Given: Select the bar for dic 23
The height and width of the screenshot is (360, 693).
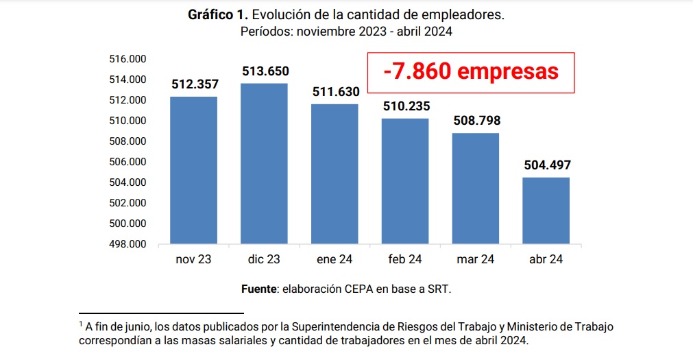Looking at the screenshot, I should (x=265, y=163).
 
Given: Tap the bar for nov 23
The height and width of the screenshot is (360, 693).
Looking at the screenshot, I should (x=194, y=170).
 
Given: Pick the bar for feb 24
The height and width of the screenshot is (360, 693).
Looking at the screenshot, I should (x=405, y=181).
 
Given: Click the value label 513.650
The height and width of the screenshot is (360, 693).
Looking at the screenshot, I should (x=265, y=71).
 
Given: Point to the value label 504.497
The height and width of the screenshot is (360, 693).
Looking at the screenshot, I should (x=547, y=165).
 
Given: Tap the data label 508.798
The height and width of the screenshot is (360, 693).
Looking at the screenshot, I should (x=476, y=121).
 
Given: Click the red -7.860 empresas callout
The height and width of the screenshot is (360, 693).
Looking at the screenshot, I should (x=470, y=71).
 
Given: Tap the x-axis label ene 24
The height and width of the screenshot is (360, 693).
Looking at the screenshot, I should (x=335, y=259).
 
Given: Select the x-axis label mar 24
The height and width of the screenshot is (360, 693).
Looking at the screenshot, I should (x=475, y=259).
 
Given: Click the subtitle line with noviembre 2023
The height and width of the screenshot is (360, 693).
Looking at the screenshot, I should (x=346, y=32).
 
